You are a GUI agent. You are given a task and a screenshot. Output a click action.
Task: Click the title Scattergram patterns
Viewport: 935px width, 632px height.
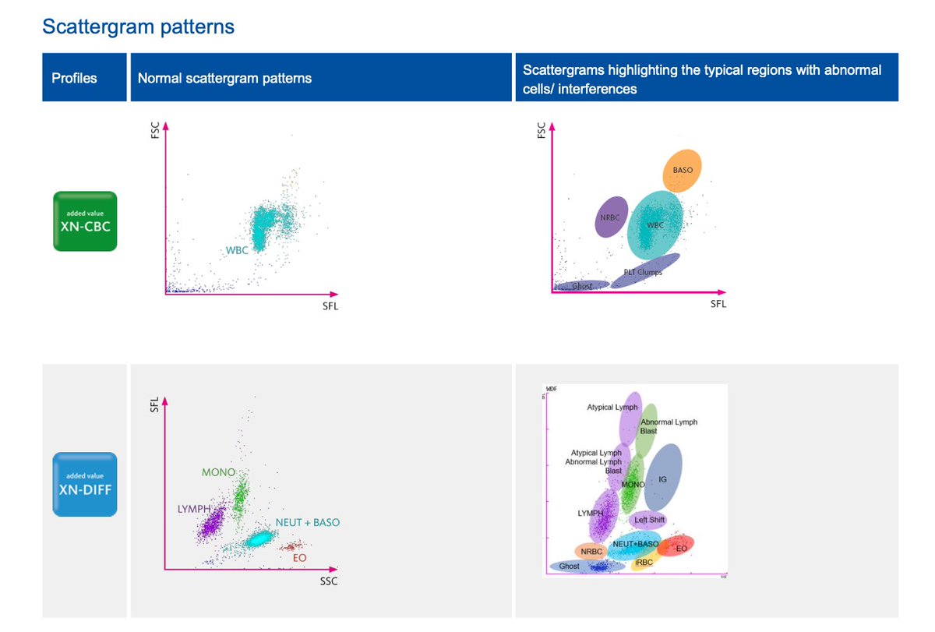(138, 26)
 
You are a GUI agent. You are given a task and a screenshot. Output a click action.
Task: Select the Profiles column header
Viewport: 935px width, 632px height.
(74, 78)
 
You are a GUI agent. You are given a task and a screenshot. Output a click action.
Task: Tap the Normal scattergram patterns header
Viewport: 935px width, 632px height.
(224, 78)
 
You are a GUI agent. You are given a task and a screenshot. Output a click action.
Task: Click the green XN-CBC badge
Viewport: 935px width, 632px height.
(85, 221)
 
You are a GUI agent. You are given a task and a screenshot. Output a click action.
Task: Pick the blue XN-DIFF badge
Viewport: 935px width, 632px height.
(85, 484)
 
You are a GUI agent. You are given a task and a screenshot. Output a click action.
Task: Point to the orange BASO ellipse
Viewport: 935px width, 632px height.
(683, 171)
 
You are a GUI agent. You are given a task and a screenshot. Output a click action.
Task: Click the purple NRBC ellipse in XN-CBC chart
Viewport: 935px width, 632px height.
(611, 217)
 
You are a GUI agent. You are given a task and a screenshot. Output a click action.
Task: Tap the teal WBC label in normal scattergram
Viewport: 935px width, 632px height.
(236, 250)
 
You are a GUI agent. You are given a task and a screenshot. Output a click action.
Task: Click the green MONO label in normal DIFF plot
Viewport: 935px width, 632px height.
(218, 472)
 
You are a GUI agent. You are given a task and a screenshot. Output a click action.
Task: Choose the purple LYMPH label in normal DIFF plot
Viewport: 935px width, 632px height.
(194, 509)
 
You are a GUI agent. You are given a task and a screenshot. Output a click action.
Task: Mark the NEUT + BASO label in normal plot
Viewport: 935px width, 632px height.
(307, 522)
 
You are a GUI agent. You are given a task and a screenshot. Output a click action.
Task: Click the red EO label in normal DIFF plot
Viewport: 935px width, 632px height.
(299, 557)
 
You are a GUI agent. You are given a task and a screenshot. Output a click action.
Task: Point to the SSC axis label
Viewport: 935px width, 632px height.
(329, 581)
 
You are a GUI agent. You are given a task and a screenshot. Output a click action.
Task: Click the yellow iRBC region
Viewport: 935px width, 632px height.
(644, 562)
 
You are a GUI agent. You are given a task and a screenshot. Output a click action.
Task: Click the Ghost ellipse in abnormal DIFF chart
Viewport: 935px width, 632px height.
(569, 566)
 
